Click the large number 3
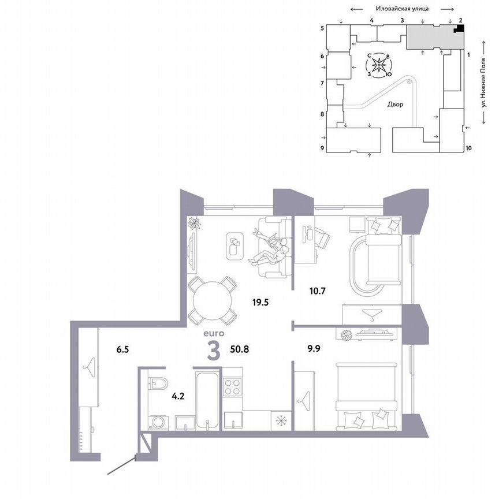[213, 351]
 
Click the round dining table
[213, 301]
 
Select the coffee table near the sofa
[234, 247]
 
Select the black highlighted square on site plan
[460, 29]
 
